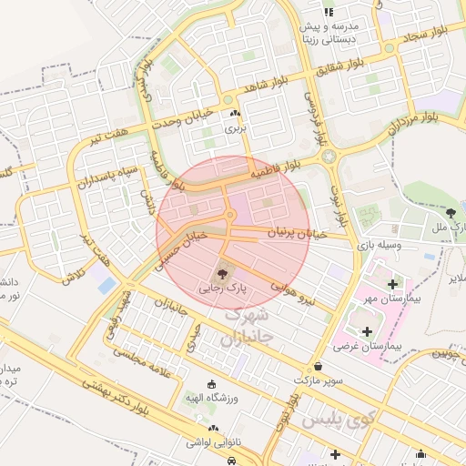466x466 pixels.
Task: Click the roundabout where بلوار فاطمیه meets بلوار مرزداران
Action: coord(329,157)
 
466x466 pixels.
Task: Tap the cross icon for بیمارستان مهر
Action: coord(392,284)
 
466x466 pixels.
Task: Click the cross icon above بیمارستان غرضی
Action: coord(368,331)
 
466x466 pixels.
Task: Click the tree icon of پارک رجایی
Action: coord(224,272)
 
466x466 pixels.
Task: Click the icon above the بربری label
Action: coord(236,114)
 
